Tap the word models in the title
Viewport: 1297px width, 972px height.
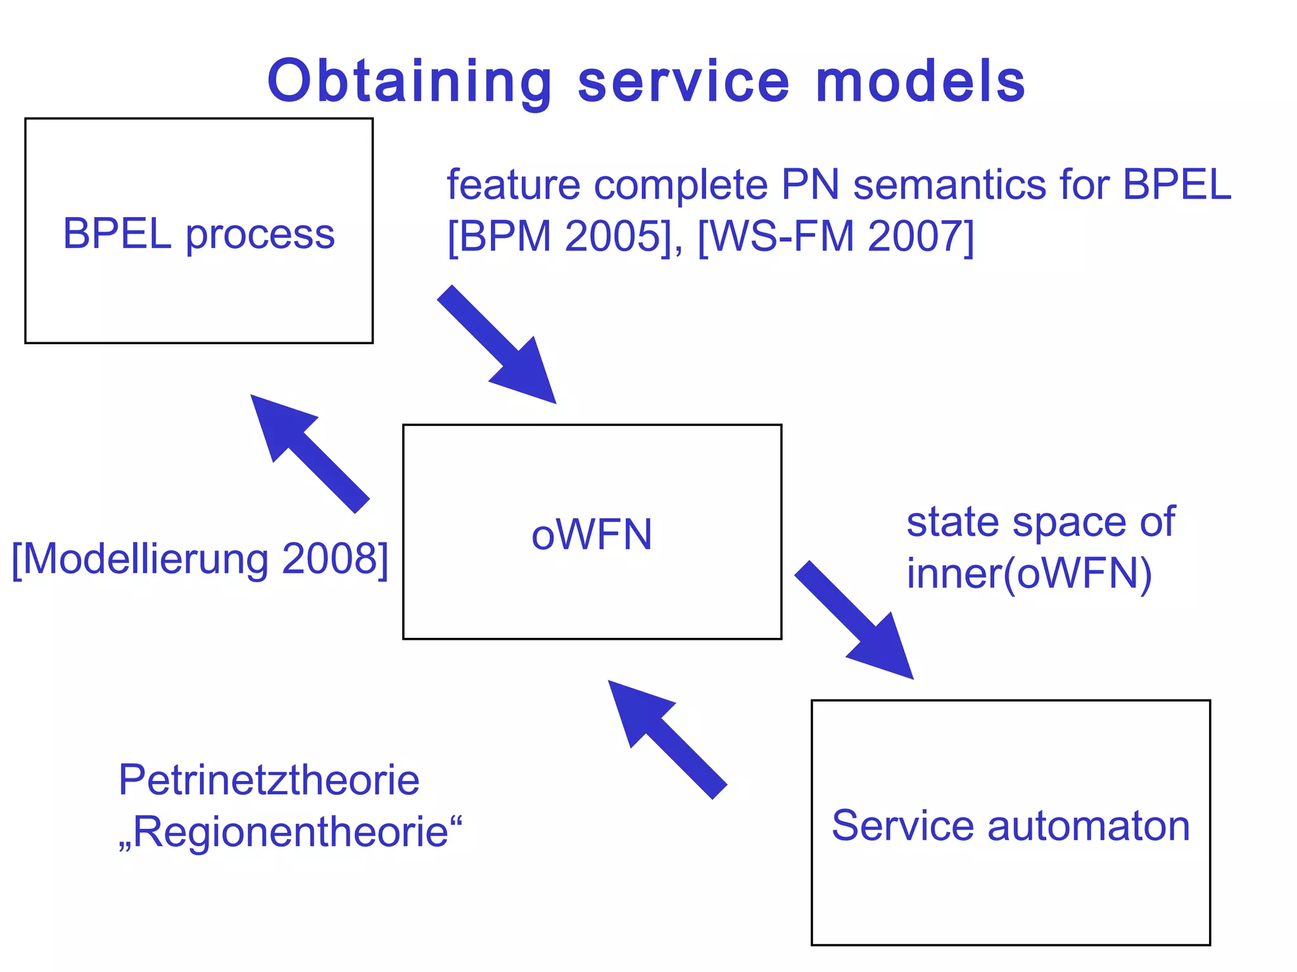(x=921, y=82)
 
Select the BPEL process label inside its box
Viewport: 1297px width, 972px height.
(x=199, y=234)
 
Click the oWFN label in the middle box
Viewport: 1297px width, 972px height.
(x=592, y=535)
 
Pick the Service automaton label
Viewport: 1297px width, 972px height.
(x=1011, y=826)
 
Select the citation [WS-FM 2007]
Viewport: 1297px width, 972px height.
(x=835, y=237)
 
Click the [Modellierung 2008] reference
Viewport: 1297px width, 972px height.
(x=200, y=559)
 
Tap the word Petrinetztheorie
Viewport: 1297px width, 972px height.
(x=269, y=780)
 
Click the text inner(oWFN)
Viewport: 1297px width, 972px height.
(x=1029, y=574)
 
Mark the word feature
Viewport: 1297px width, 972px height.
(x=514, y=185)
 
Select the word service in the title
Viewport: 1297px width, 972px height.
(x=684, y=82)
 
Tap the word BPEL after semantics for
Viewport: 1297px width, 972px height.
(x=1177, y=185)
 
